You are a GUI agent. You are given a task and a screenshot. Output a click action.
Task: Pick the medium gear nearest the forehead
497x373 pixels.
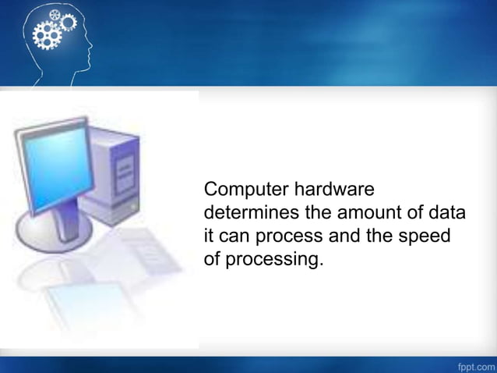(x=68, y=23)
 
